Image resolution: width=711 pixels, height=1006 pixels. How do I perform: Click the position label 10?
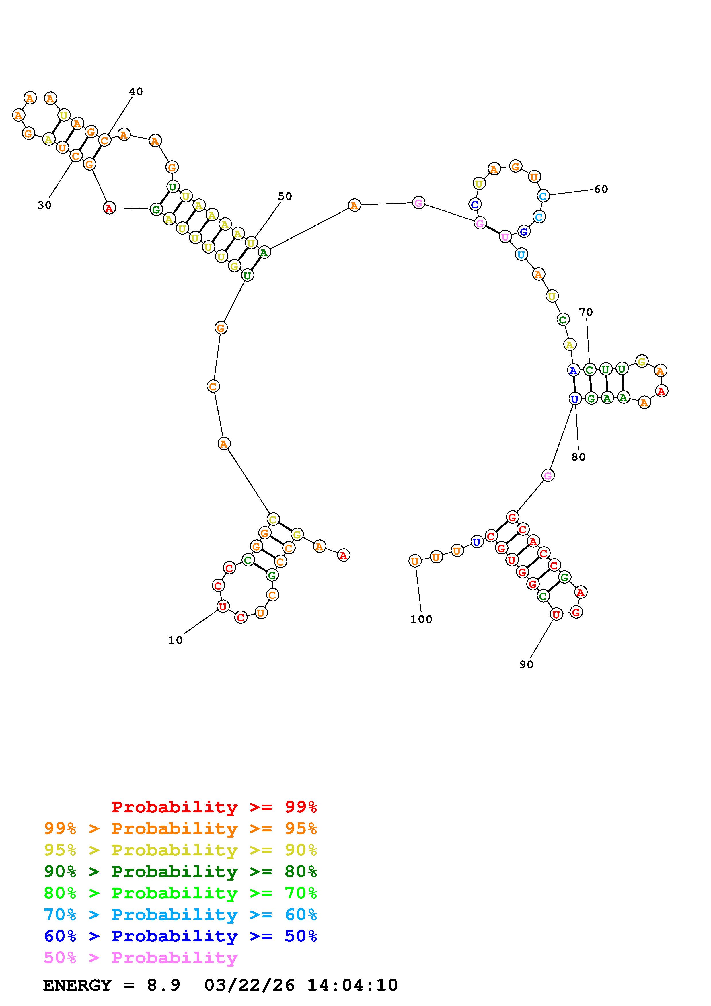175,640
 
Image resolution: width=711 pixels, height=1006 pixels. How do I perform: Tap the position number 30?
44,205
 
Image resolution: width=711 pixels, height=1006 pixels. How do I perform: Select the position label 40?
136,91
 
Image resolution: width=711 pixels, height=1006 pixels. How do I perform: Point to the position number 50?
285,196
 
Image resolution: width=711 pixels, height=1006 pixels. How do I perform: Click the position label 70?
586,312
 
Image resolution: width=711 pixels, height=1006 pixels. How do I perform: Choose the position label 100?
421,619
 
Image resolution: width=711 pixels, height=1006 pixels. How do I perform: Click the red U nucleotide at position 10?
223,607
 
